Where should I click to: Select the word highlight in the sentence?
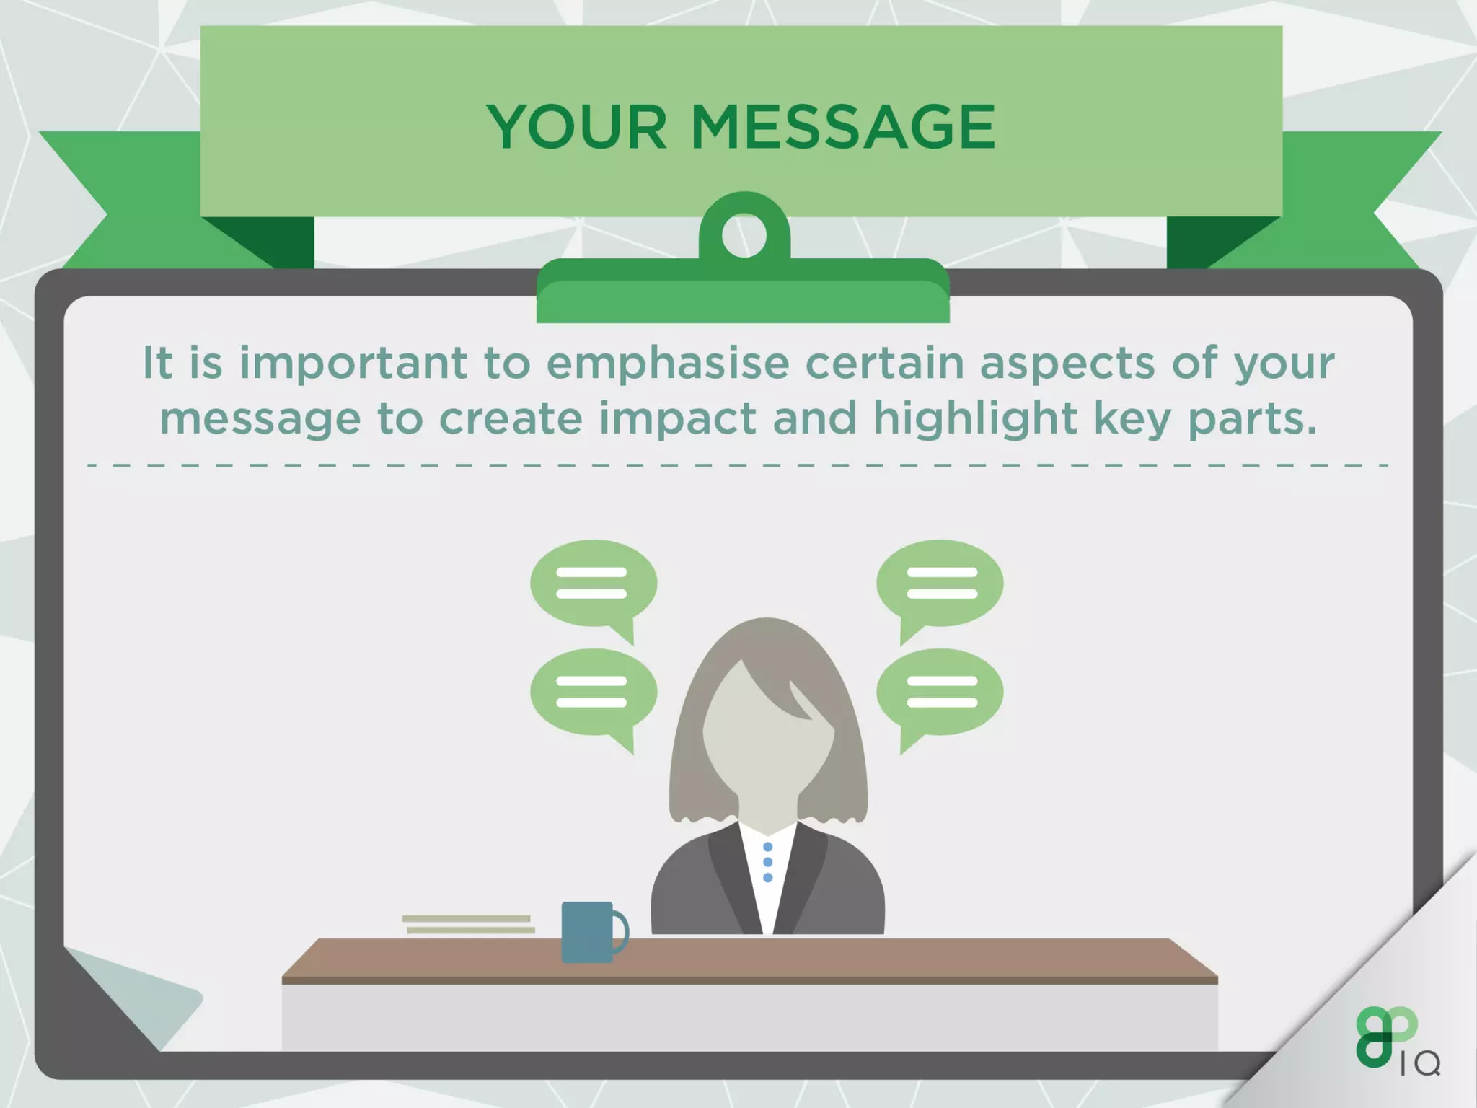(x=975, y=419)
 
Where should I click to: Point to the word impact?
(x=677, y=419)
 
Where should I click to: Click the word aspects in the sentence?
(x=1067, y=363)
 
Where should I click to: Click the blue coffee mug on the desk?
(x=587, y=931)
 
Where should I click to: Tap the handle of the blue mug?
(x=621, y=931)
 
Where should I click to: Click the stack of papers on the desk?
(x=469, y=924)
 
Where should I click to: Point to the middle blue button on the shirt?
(x=767, y=862)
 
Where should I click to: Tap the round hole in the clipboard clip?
(x=744, y=236)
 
